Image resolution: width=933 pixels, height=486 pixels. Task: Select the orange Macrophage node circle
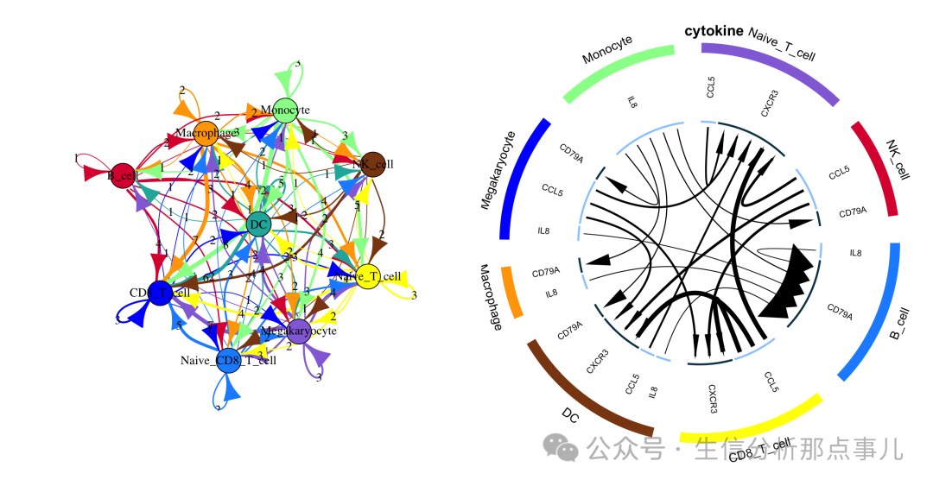tap(206, 133)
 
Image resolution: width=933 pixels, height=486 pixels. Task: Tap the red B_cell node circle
tap(122, 175)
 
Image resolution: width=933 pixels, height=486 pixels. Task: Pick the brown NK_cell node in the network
tap(372, 164)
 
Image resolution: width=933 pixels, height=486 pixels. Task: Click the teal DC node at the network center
tap(257, 224)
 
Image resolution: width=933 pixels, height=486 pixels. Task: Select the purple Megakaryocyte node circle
tap(299, 331)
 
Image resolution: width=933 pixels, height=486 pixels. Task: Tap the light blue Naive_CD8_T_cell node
tap(228, 361)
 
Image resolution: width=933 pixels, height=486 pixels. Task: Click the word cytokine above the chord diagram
tap(714, 31)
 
